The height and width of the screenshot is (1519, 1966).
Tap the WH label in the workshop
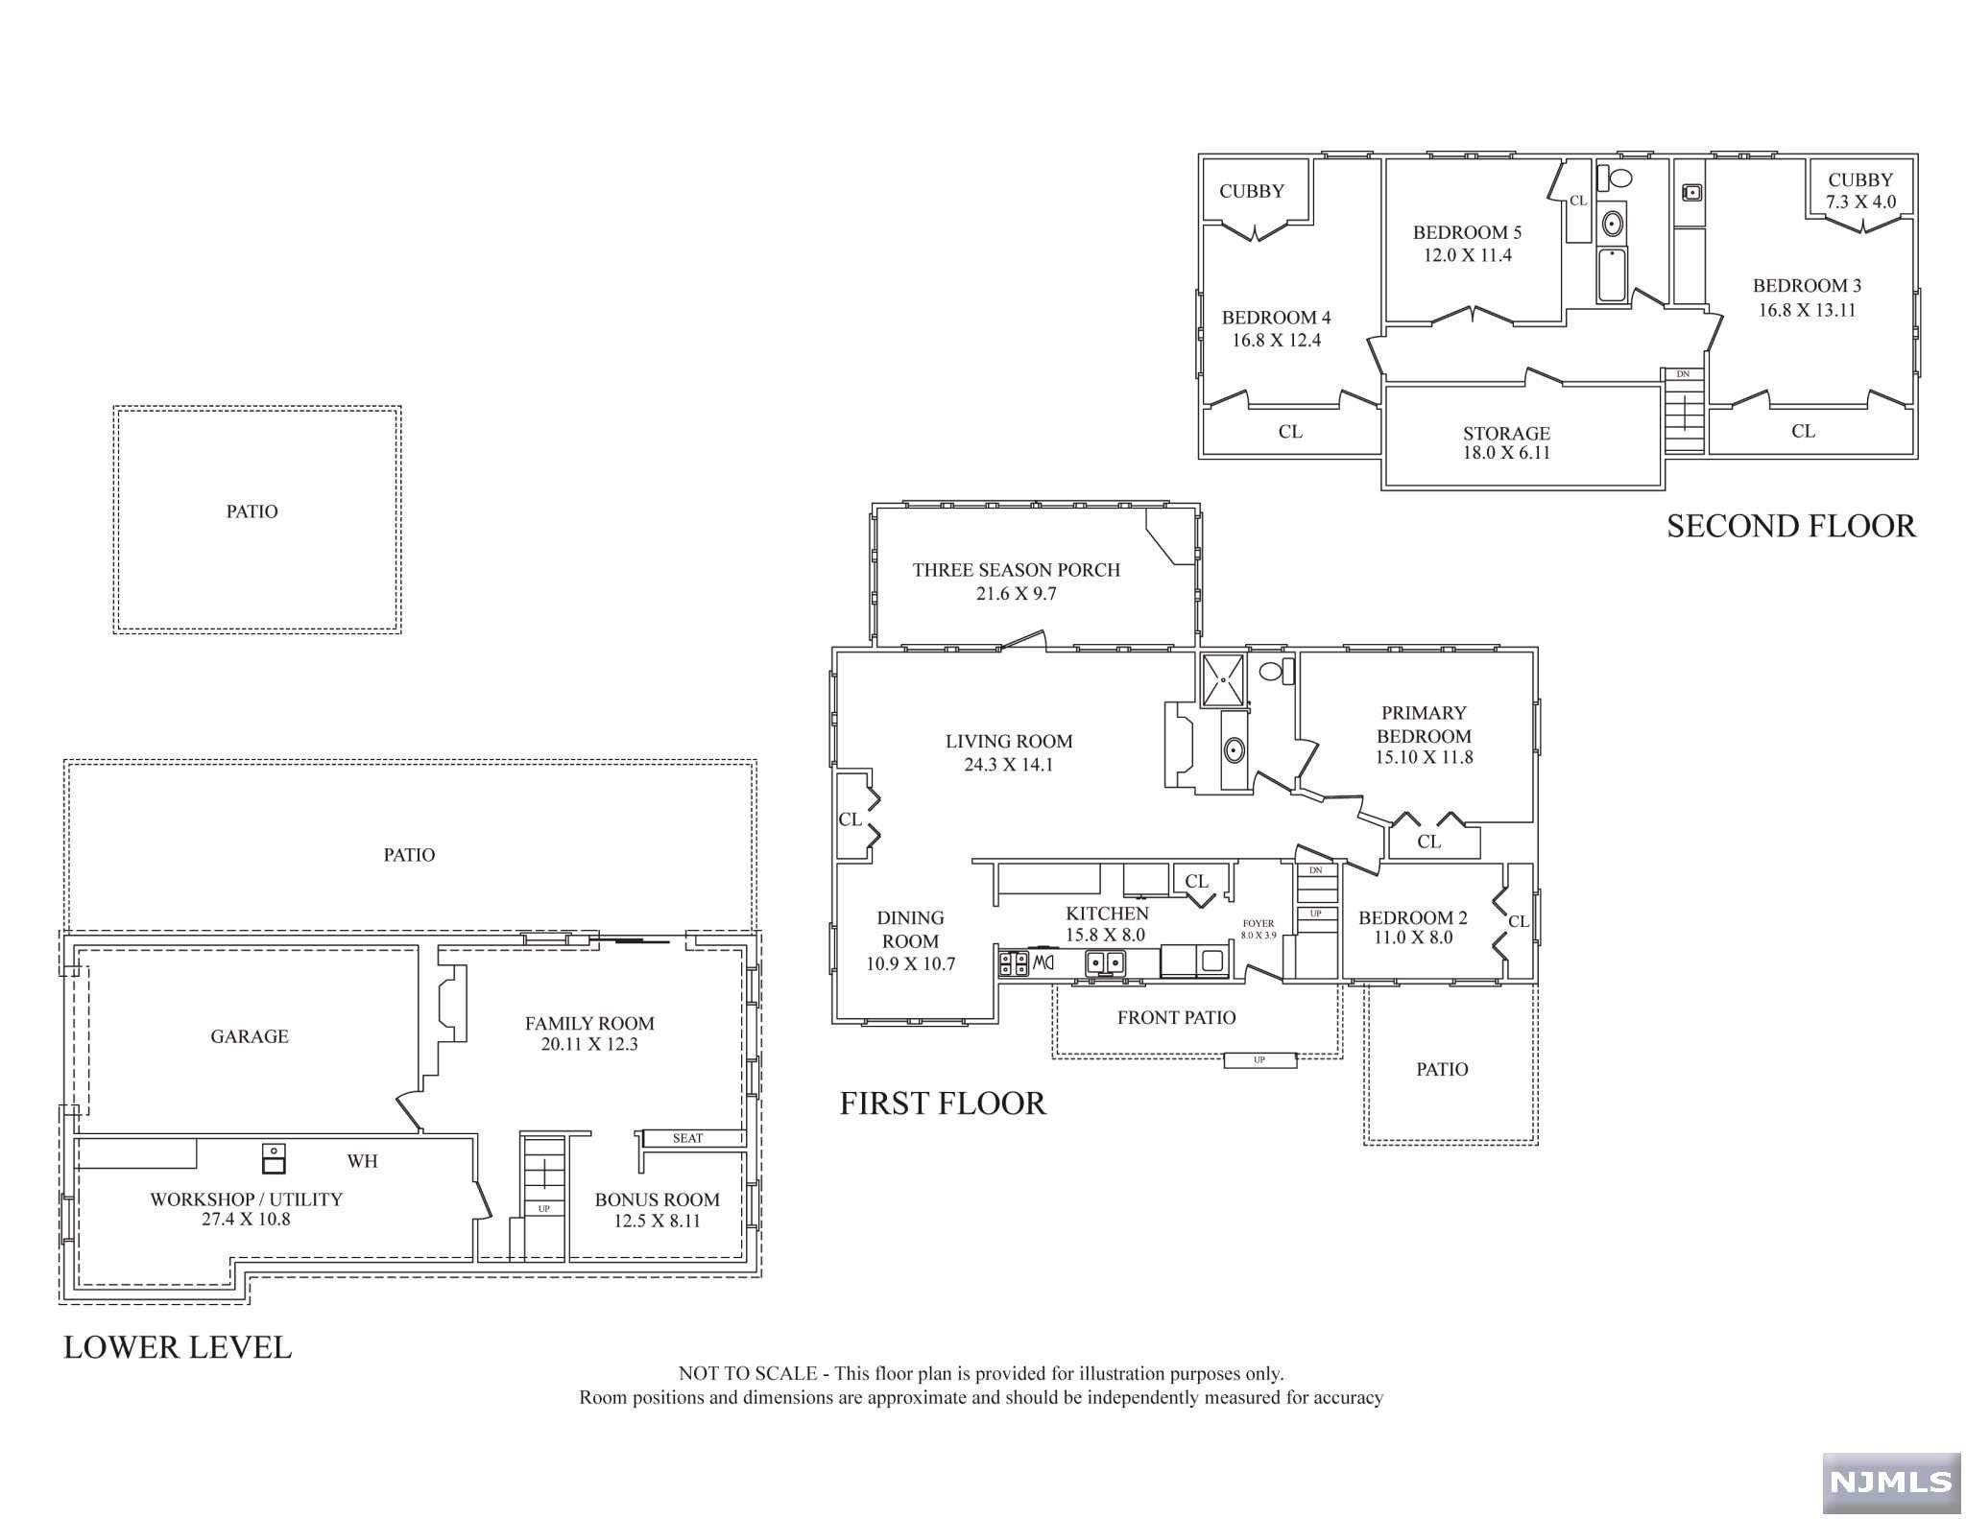click(362, 1161)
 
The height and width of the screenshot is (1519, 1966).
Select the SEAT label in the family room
click(687, 1138)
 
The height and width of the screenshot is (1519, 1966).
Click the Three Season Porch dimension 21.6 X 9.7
click(1016, 594)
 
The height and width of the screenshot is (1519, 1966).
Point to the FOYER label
click(1258, 923)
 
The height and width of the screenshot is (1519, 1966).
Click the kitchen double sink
click(1105, 962)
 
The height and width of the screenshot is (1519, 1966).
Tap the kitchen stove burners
click(1013, 963)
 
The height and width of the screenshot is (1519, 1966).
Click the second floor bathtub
click(1612, 275)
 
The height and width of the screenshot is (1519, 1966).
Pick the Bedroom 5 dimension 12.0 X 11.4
click(1467, 255)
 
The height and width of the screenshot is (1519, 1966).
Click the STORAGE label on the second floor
click(1506, 434)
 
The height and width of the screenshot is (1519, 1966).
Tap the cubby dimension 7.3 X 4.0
click(1860, 202)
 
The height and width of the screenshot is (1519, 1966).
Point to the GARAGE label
click(250, 1036)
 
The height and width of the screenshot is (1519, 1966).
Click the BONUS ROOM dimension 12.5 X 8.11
click(657, 1222)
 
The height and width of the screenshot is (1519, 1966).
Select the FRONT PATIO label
click(1176, 1018)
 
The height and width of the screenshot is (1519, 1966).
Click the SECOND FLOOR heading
click(1790, 526)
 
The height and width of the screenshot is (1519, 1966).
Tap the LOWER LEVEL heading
click(178, 1347)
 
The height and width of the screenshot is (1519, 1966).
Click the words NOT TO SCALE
click(748, 1374)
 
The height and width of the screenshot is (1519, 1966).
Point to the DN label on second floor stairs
click(1683, 374)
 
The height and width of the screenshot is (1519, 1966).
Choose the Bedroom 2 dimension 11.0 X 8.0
click(1412, 938)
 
